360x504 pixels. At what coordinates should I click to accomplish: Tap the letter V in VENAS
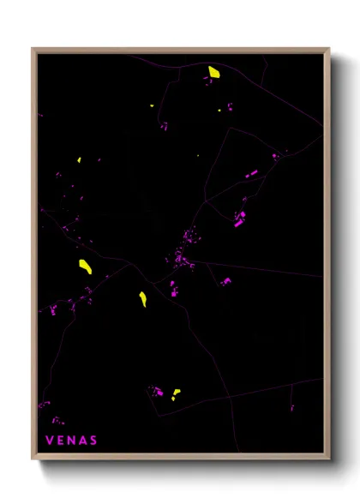[49, 441]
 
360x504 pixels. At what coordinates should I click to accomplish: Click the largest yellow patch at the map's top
[213, 71]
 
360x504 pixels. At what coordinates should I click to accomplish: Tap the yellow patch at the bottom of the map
[176, 394]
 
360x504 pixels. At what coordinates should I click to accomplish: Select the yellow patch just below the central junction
[143, 299]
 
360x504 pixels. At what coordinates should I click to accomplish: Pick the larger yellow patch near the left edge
[86, 266]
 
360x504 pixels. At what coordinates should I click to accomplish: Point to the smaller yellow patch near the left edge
[79, 160]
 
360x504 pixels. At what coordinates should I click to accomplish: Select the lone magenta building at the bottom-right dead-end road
[291, 407]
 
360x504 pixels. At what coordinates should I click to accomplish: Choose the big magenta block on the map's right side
[240, 222]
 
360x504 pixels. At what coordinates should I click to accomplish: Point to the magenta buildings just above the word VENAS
[57, 421]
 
